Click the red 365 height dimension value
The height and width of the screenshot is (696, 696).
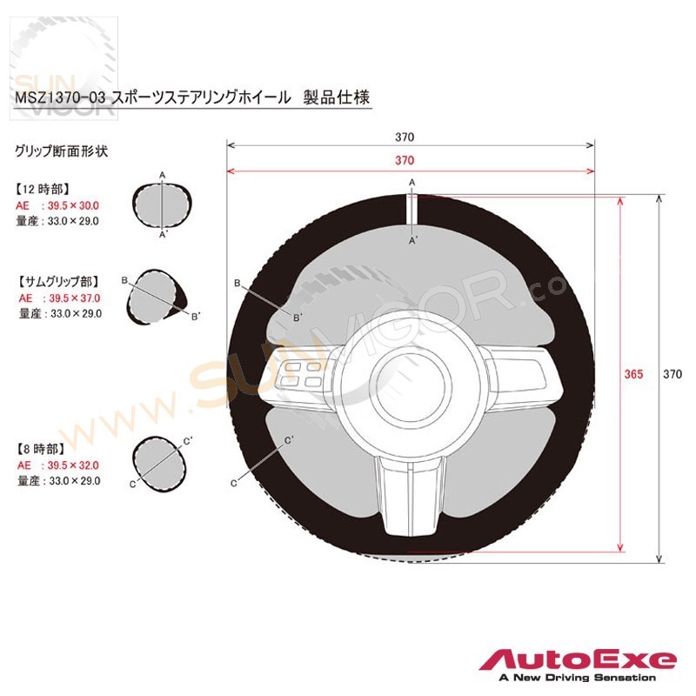click(633, 374)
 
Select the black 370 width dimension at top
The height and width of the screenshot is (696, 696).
click(405, 137)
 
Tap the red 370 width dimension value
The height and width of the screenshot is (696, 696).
click(405, 160)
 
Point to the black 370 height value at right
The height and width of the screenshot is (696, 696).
click(673, 374)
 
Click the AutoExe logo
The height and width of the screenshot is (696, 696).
click(578, 660)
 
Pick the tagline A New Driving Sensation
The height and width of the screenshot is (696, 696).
click(578, 678)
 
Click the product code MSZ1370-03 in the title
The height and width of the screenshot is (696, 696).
click(60, 97)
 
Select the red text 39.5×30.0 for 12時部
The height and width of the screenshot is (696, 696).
click(73, 205)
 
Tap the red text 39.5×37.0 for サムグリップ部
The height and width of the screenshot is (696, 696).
click(75, 298)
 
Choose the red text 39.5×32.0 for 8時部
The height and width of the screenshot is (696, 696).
click(73, 465)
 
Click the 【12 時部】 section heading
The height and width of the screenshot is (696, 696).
click(43, 190)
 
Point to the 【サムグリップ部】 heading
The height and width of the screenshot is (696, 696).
click(58, 282)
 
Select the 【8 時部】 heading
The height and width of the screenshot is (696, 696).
click(40, 449)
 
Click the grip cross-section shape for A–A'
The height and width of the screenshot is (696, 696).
click(163, 205)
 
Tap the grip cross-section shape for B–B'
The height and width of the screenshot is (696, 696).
click(156, 296)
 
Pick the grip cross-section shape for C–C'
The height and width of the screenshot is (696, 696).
click(158, 464)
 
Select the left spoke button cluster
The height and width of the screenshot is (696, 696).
click(302, 375)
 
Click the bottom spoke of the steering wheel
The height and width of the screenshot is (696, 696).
click(410, 495)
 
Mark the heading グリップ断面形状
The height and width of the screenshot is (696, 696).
click(61, 151)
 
